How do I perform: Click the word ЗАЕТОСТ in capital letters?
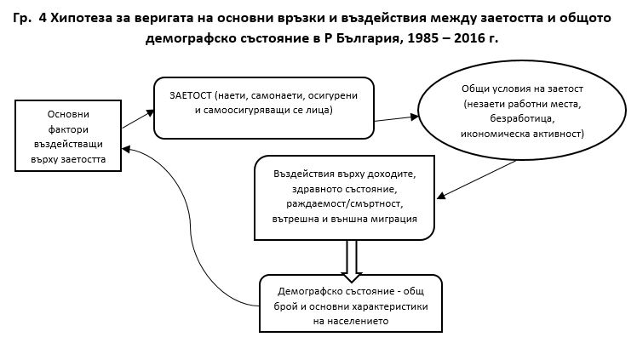tap(191, 96)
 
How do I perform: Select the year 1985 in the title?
tap(423, 38)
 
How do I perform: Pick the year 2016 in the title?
tap(470, 38)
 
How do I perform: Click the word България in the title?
tap(369, 38)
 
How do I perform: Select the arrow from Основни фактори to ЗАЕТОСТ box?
tap(138, 119)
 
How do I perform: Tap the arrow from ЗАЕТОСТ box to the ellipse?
tap(396, 118)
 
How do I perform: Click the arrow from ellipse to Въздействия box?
tap(477, 179)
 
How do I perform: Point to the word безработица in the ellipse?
tap(522, 119)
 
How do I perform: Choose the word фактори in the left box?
tap(68, 130)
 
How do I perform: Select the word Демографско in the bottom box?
tap(308, 291)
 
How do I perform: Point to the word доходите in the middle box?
tap(392, 174)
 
